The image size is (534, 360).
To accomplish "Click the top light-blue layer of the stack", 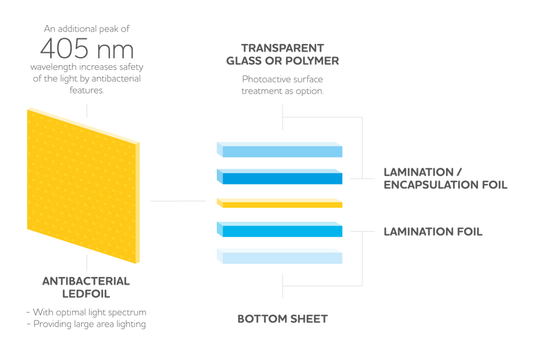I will point(279,149).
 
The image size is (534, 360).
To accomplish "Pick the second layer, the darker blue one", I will point(279,175).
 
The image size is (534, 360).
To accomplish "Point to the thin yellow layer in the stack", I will point(279,202).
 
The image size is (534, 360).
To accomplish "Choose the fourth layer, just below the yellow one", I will point(279,229).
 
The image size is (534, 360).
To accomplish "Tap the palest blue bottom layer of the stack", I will point(279,255).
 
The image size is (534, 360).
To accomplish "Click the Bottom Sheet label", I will point(282,319).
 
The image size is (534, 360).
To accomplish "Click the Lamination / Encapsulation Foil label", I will point(445,178).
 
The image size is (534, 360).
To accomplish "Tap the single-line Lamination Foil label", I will point(433,232).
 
